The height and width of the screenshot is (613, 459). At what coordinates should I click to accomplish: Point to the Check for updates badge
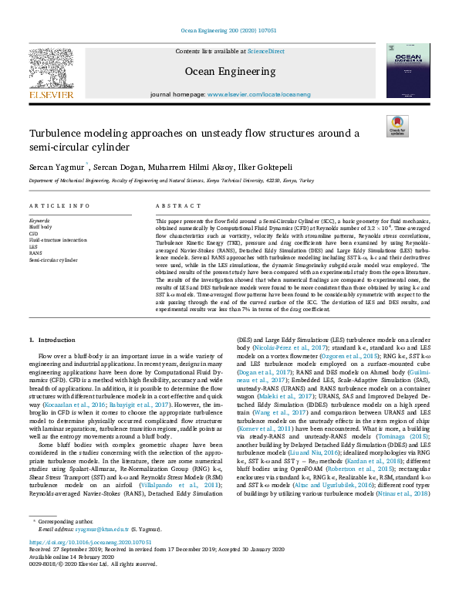pyautogui.click(x=397, y=126)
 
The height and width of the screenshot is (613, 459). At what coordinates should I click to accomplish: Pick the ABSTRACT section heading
pyautogui.click(x=173, y=206)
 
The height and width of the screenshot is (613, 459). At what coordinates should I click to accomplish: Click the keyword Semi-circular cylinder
pyautogui.click(x=55, y=260)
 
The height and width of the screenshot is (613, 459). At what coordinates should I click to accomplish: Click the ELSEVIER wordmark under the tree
pyautogui.click(x=51, y=94)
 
